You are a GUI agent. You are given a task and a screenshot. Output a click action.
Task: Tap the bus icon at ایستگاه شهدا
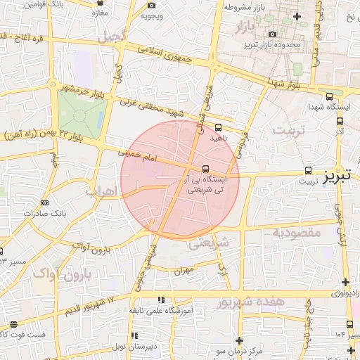pyautogui.click(x=329, y=97)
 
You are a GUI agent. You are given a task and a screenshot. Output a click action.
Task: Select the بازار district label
pyautogui.click(x=240, y=29)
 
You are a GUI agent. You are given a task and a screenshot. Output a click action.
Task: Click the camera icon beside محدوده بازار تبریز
pyautogui.click(x=272, y=34)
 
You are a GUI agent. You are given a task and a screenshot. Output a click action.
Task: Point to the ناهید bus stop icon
pyautogui.click(x=218, y=127)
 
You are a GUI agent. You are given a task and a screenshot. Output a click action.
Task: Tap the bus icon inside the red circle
pyautogui.click(x=205, y=169)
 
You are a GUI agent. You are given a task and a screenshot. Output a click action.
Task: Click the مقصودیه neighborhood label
pyautogui.click(x=297, y=232)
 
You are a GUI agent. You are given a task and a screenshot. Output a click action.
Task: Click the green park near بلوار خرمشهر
pyautogui.click(x=83, y=114)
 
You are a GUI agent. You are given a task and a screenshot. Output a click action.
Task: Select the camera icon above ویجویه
pyautogui.click(x=152, y=6)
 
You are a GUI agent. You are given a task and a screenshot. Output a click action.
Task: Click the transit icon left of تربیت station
pyautogui.click(x=308, y=170)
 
